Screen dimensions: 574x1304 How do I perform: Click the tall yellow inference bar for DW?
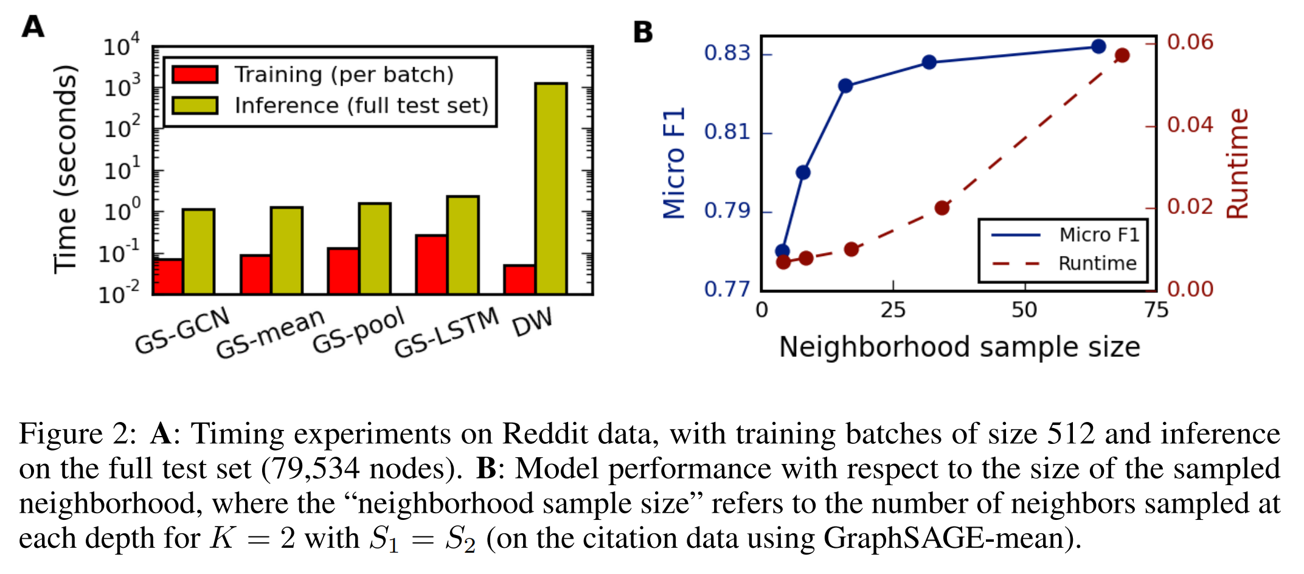551,188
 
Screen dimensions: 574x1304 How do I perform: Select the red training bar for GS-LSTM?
431,265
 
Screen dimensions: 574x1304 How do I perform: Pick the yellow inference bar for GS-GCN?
198,252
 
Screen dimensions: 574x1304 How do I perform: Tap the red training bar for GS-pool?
343,271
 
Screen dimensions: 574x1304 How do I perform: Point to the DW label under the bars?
532,322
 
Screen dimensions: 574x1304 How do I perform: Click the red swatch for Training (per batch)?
195,75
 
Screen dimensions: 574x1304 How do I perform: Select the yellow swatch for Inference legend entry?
195,106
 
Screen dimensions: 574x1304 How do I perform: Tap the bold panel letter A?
33,27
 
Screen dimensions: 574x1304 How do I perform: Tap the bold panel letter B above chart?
643,32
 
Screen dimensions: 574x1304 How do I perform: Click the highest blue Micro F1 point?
1098,46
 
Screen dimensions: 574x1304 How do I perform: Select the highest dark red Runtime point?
1122,55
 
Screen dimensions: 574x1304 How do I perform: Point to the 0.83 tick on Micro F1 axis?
727,54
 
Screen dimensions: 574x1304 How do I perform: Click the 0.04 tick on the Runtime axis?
1190,125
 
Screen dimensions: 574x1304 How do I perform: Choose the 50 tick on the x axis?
1024,311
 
